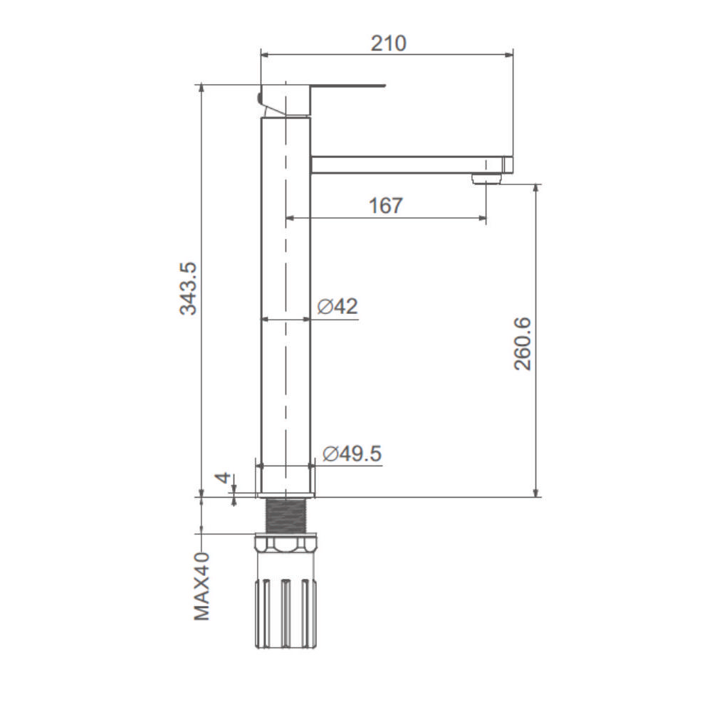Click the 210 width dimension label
388,43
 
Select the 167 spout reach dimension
385,206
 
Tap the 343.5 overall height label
189,288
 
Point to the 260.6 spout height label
522,344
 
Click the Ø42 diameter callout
337,306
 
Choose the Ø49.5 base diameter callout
352,454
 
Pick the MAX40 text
202,586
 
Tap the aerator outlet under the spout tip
486,179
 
